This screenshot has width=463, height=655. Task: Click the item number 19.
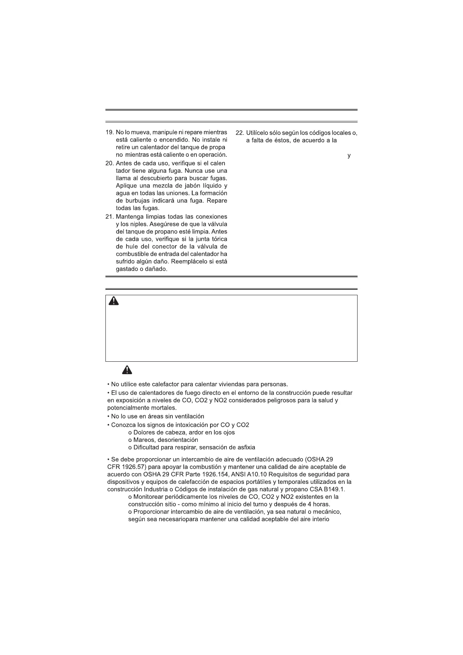(109, 133)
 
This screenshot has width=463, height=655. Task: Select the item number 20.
(109, 163)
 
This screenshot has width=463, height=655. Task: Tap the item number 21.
(109, 216)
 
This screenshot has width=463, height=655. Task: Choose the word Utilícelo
(260, 133)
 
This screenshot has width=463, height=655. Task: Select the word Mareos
(144, 440)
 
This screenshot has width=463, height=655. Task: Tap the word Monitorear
(149, 497)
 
